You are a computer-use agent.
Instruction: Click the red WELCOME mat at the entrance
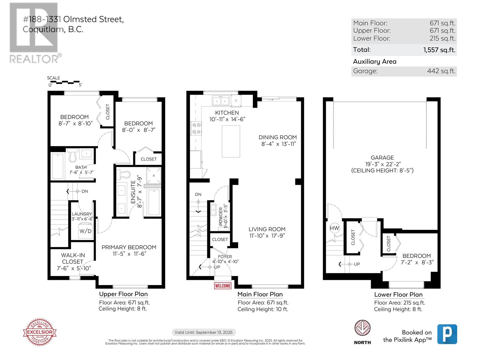pos(223,286)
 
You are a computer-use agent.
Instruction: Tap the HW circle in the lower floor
pos(334,228)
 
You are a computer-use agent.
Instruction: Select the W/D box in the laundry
pos(85,231)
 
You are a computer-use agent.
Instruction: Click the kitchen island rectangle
pos(231,141)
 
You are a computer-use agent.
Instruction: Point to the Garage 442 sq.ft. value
pos(441,71)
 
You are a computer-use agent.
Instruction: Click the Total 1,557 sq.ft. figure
pos(439,50)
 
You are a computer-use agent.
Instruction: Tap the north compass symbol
pos(362,328)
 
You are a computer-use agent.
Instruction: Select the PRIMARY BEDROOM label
pos(129,247)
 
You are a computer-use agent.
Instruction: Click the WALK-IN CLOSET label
pos(73,258)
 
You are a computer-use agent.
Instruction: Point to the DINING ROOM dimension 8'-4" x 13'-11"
pos(278,144)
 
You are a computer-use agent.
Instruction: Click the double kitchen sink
pos(220,101)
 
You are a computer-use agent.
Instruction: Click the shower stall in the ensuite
pos(154,175)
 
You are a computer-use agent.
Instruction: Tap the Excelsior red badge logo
pos(40,332)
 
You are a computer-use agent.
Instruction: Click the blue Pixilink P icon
pos(447,334)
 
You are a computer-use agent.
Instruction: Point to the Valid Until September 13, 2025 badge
pos(204,332)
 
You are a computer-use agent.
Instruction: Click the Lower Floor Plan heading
pos(398,295)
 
